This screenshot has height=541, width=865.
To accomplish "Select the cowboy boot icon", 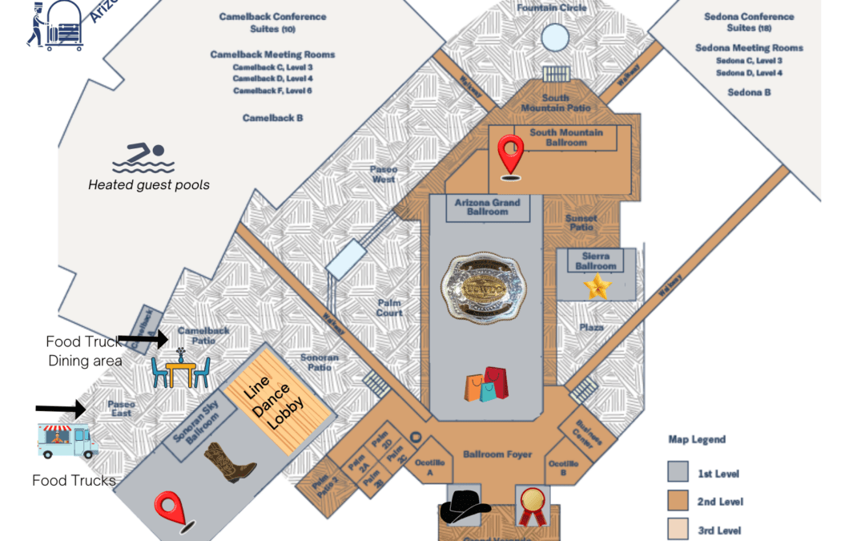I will point(229,463).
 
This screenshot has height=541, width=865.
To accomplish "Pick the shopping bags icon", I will point(486,385).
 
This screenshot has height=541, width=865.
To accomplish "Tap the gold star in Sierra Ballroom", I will point(597,286).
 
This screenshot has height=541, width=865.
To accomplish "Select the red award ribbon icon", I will point(531,506).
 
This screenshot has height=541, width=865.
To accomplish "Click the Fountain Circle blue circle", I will point(554,37).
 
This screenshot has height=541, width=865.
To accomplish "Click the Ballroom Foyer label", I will point(497,454).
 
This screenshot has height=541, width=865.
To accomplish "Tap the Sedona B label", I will point(749,92).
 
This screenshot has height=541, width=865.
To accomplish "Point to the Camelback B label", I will point(272,118).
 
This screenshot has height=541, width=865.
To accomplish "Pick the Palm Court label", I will point(389,308).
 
